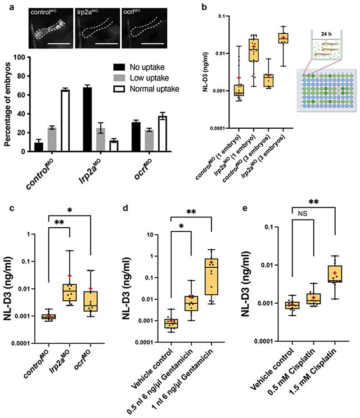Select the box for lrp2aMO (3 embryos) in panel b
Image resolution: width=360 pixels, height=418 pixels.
coord(283,38)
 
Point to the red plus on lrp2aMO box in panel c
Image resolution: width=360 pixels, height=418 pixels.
coord(69,276)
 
